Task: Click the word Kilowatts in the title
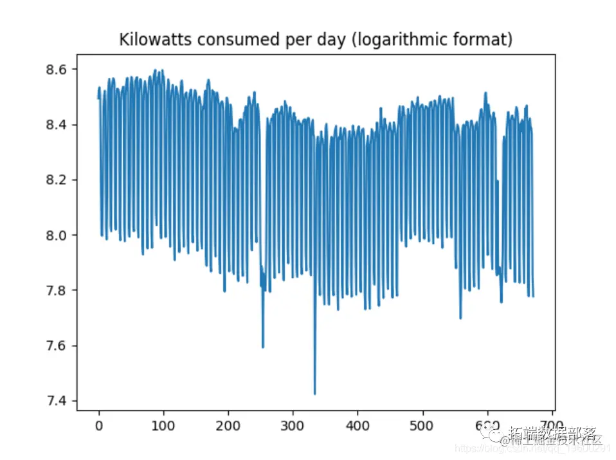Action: pyautogui.click(x=146, y=40)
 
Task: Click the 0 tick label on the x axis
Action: pyautogui.click(x=98, y=426)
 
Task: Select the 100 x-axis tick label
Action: pyautogui.click(x=163, y=426)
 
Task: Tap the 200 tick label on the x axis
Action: pyautogui.click(x=228, y=426)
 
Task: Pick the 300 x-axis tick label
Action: pyautogui.click(x=293, y=426)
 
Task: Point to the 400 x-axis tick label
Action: pyautogui.click(x=358, y=426)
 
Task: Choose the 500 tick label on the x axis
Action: pyautogui.click(x=422, y=426)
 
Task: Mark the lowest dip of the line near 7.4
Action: pyautogui.click(x=314, y=394)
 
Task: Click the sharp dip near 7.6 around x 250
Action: pyautogui.click(x=263, y=347)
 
